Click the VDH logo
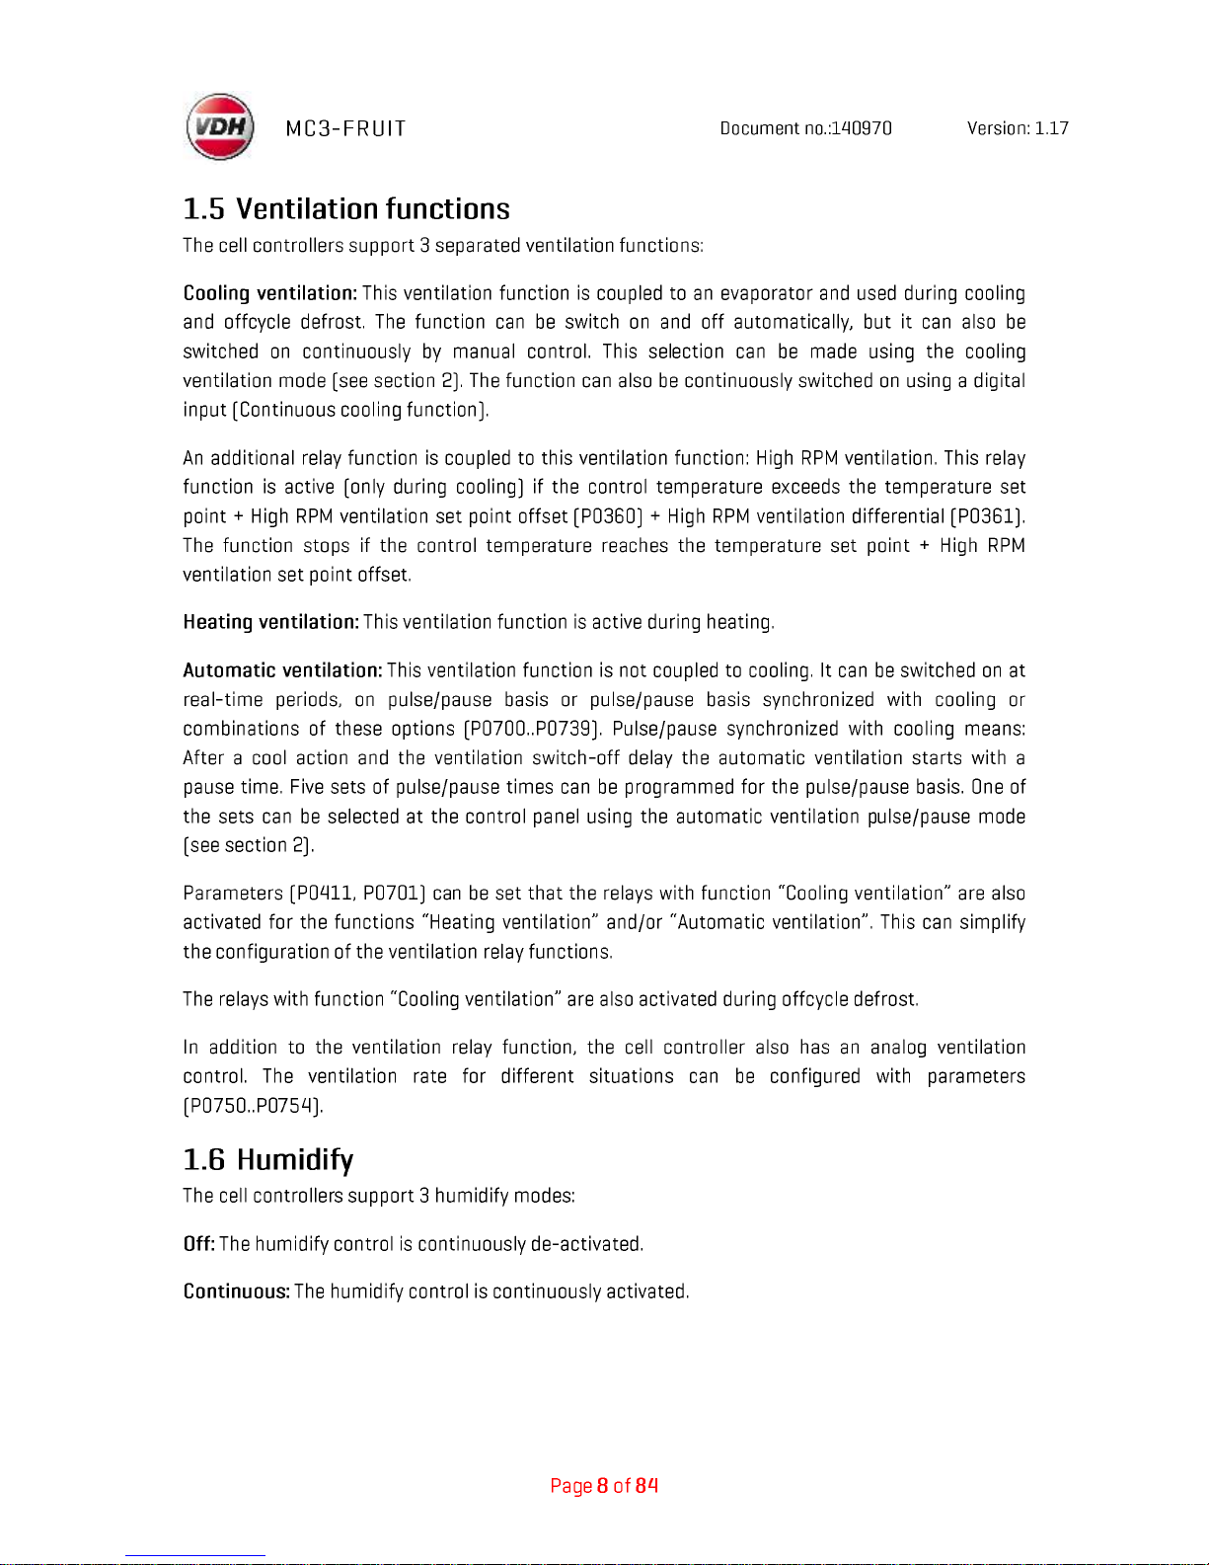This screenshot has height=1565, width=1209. pos(220,127)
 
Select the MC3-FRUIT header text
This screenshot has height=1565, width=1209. pos(345,128)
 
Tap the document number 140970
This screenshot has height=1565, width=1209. pos(862,128)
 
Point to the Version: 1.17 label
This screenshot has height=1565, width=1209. pos(1018,128)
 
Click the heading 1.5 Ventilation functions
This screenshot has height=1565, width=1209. pos(346,209)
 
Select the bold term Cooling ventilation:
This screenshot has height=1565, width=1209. pos(270,293)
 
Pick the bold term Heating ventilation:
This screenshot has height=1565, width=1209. pos(271,622)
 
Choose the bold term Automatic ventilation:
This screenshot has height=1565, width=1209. pos(283,670)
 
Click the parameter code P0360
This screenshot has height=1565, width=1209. pos(609,516)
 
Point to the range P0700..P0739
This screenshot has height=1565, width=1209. pos(533,729)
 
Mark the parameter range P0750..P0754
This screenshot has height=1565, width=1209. pos(253,1106)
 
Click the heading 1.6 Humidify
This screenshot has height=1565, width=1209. pos(268,1159)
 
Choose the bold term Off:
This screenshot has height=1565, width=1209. pos(199,1244)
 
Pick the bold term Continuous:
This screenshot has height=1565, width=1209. pos(237,1291)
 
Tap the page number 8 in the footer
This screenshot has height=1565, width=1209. pos(602,1486)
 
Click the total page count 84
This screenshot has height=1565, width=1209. pos(646,1486)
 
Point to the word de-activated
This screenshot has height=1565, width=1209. pos(586,1244)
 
